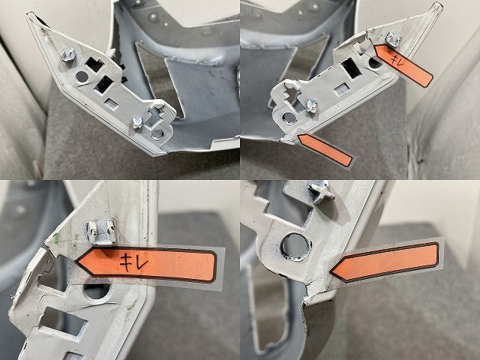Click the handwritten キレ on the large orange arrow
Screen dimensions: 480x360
coord(133,262)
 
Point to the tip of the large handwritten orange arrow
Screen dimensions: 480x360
coord(76,262)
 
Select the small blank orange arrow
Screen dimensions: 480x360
coord(325,150)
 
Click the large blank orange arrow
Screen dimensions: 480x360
coord(384,262)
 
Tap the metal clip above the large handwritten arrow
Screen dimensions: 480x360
coord(100,231)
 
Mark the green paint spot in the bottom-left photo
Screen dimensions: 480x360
coord(56,237)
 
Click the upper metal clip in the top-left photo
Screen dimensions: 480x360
coord(68,55)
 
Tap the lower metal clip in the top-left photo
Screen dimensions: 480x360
coord(137,121)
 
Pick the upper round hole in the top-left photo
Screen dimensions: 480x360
coord(82,76)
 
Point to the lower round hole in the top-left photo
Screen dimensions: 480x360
coord(157,134)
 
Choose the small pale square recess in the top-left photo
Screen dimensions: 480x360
coord(112,104)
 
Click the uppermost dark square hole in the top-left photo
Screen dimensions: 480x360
coord(94,64)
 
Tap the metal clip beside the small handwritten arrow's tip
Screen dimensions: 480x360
coord(391,40)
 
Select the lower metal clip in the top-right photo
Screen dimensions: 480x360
coord(311,105)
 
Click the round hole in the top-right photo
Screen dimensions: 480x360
coord(288,118)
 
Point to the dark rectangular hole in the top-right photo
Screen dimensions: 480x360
coord(352,68)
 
